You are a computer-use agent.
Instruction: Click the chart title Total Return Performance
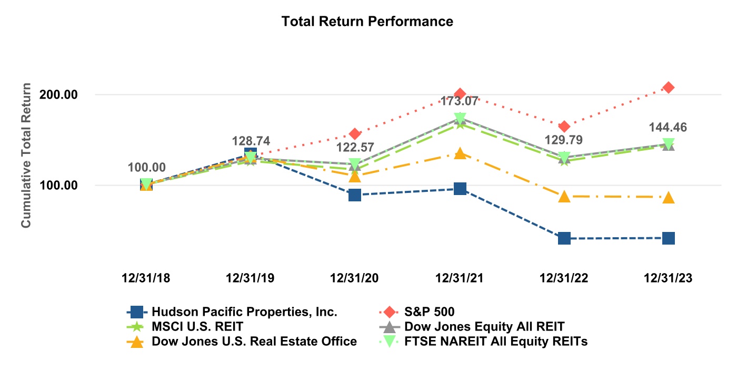pyautogui.click(x=367, y=22)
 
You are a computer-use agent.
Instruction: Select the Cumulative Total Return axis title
pyautogui.click(x=26, y=156)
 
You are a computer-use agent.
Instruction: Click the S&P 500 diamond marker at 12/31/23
pyautogui.click(x=668, y=88)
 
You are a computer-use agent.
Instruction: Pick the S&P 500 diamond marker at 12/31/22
pyautogui.click(x=564, y=127)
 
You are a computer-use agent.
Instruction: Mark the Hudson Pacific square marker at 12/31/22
pyautogui.click(x=564, y=238)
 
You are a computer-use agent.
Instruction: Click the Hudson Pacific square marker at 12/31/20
pyautogui.click(x=355, y=195)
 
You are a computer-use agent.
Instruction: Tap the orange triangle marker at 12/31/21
pyautogui.click(x=460, y=153)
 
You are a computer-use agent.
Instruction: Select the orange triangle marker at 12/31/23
pyautogui.click(x=668, y=197)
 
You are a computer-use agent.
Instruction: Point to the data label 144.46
pyautogui.click(x=668, y=127)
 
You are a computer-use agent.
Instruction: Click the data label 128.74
pyautogui.click(x=251, y=141)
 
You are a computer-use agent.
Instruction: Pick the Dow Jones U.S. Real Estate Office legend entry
pyautogui.click(x=254, y=342)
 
